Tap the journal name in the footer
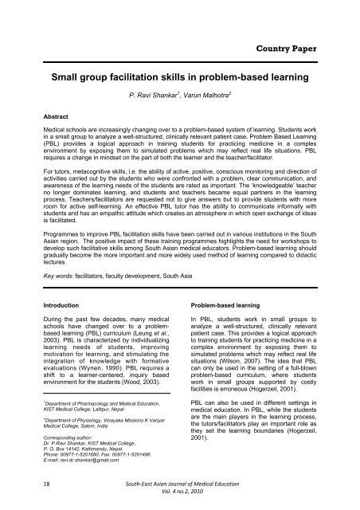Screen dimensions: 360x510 pyautogui.click(x=180, y=485)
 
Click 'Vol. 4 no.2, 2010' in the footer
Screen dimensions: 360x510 pyautogui.click(x=180, y=495)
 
